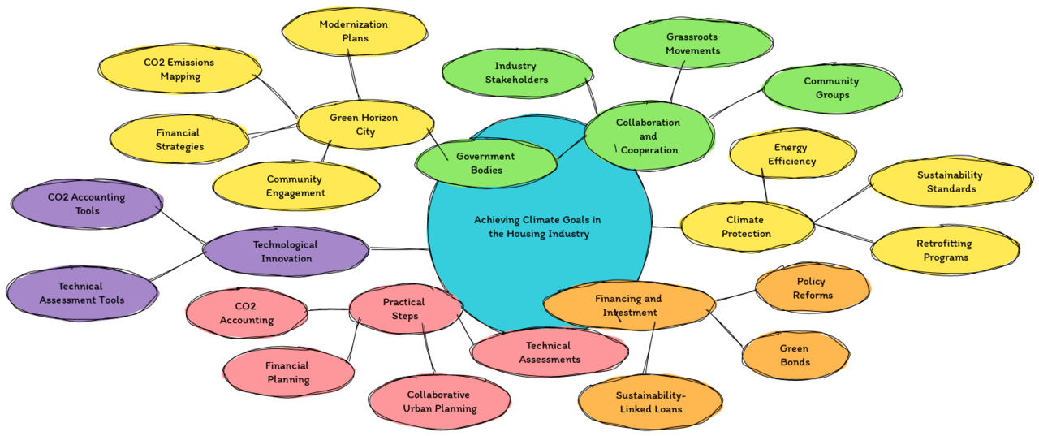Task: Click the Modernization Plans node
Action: tap(354, 31)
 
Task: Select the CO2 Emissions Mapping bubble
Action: tap(180, 69)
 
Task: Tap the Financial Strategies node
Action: tap(179, 140)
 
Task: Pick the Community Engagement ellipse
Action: tap(295, 186)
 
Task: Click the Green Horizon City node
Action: tap(364, 124)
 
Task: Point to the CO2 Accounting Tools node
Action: tap(86, 204)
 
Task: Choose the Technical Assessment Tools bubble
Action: tap(81, 293)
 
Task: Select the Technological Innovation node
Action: tap(286, 251)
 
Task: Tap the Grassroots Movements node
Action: tap(692, 43)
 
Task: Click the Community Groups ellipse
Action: tap(832, 88)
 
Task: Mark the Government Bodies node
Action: tap(485, 163)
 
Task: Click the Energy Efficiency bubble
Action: tap(791, 154)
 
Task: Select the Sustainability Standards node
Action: tap(951, 182)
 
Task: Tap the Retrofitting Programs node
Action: tap(945, 250)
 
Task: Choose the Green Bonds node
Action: tap(795, 356)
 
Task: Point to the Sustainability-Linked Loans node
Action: tap(650, 402)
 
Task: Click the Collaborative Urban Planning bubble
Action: tap(440, 401)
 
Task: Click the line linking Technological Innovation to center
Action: tap(399, 248)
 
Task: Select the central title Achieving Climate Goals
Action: tap(538, 227)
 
